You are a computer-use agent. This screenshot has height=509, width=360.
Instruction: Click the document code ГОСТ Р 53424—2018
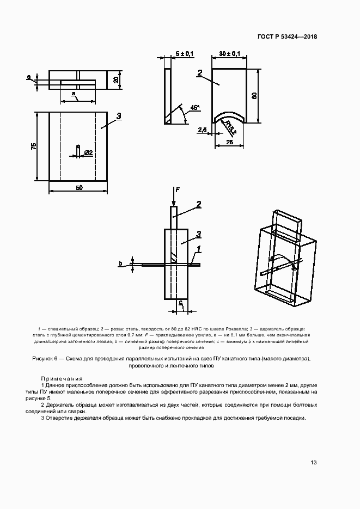tap(286, 37)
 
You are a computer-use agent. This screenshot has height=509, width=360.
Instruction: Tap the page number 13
tap(313, 463)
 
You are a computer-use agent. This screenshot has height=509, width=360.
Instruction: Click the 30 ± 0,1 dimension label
tap(230, 53)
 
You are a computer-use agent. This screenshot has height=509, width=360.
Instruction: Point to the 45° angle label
tap(195, 108)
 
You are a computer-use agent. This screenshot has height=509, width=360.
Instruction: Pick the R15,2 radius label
tap(230, 129)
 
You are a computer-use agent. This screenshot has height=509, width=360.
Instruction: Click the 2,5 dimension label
tap(202, 130)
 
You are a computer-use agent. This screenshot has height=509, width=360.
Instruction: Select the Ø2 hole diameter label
tap(88, 154)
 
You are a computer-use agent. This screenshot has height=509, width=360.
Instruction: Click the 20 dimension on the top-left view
tap(116, 79)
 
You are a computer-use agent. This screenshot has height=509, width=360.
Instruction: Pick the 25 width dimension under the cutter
tap(230, 142)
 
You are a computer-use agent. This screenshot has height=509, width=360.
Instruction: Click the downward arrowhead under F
tap(174, 202)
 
